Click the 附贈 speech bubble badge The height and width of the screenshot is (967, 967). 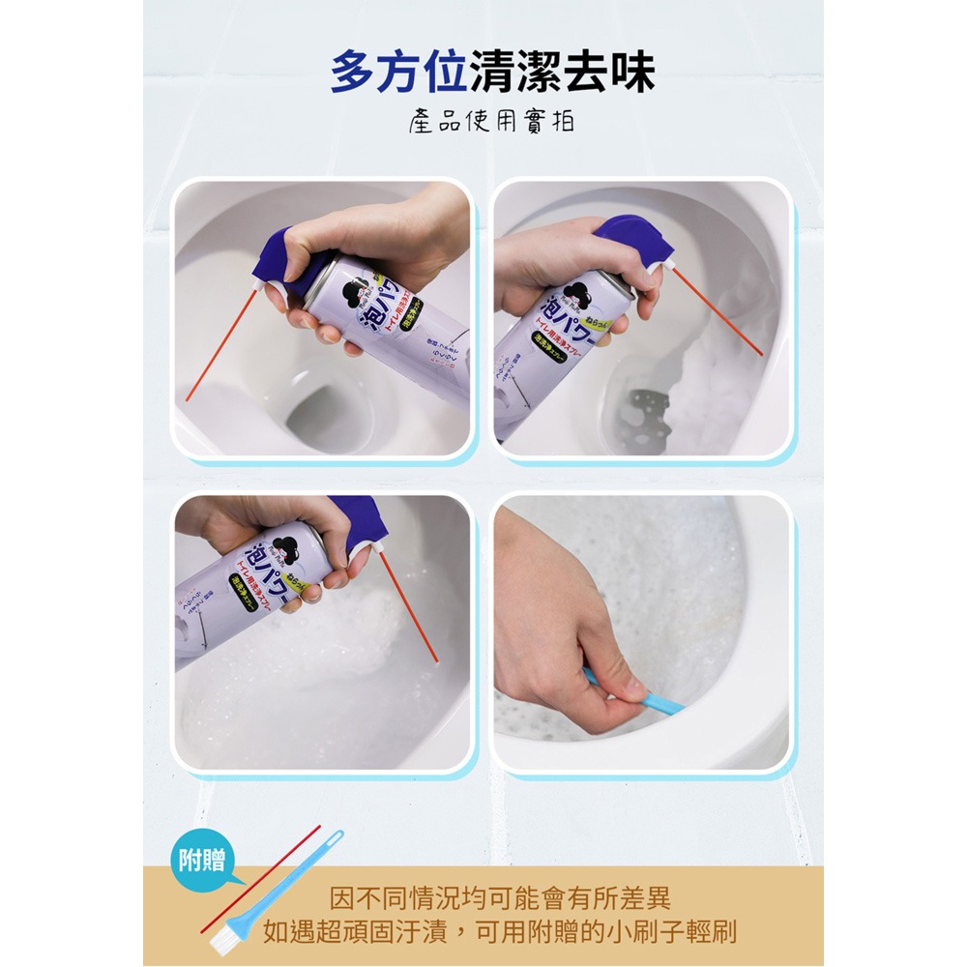[202, 860]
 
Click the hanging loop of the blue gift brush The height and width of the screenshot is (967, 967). [334, 837]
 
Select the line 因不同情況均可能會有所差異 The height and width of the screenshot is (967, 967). [500, 898]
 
